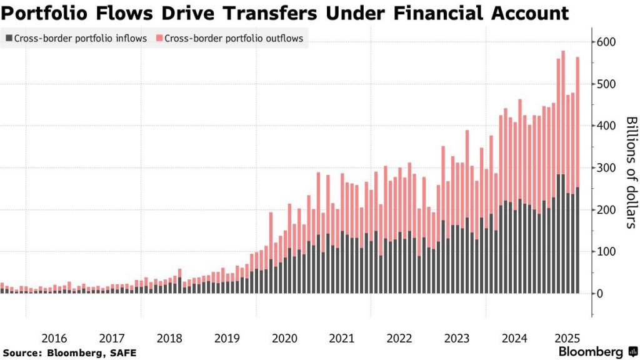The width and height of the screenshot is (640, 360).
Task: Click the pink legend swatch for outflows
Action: pyautogui.click(x=159, y=39)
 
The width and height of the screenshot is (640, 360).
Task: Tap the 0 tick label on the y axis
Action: pyautogui.click(x=600, y=294)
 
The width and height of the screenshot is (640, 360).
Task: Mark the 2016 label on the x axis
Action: pyautogui.click(x=54, y=339)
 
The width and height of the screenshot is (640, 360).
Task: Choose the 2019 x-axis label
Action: pyautogui.click(x=227, y=339)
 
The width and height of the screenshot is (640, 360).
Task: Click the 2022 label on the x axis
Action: pyautogui.click(x=399, y=339)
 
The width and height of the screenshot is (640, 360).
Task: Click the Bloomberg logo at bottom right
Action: pyautogui.click(x=596, y=352)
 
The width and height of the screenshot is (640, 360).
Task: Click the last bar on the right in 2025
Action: pyautogui.click(x=577, y=175)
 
